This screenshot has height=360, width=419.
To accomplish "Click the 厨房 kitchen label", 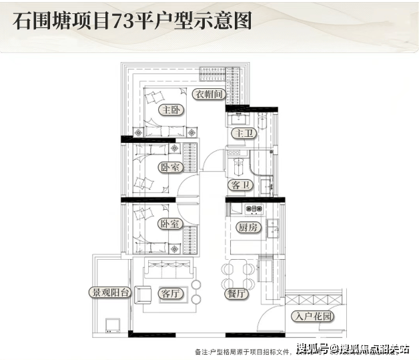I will (247, 227).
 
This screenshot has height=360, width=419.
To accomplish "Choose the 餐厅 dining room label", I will (237, 294).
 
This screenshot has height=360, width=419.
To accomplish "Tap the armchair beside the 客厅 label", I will (143, 294).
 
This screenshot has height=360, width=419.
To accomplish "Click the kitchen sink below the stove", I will (273, 230).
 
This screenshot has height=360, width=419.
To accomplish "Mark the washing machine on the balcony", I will (111, 325).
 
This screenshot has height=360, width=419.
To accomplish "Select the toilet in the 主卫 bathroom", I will (263, 124).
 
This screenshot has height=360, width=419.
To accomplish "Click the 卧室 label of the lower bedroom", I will (170, 224).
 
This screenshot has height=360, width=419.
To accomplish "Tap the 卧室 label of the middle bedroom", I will (170, 168).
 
